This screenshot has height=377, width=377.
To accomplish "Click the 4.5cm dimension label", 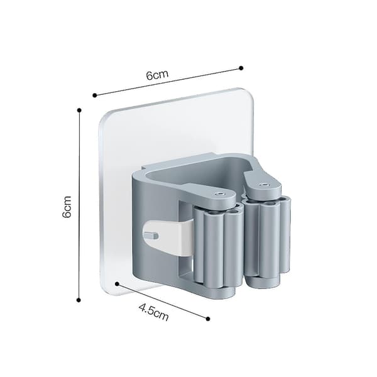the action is [x=154, y=312].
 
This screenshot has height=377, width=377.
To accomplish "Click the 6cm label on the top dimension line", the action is [x=157, y=75].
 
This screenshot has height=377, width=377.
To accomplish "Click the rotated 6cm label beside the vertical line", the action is [x=67, y=207].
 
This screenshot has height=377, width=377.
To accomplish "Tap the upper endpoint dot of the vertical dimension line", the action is [x=79, y=111].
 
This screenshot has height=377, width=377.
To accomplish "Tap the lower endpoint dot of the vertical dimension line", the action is [x=79, y=300].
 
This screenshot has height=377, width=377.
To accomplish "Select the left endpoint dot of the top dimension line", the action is [x=95, y=96].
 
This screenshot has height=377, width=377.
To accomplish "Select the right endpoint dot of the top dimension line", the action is [x=241, y=68].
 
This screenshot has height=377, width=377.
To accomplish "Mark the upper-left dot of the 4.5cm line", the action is [x=117, y=284].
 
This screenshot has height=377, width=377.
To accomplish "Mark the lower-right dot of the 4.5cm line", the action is [x=208, y=319].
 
